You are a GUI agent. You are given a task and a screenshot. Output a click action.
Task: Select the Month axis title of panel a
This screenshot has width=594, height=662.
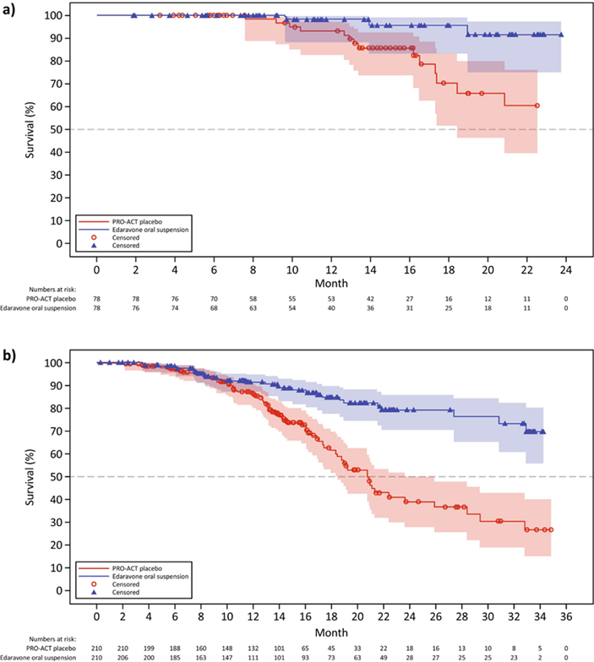331,285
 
